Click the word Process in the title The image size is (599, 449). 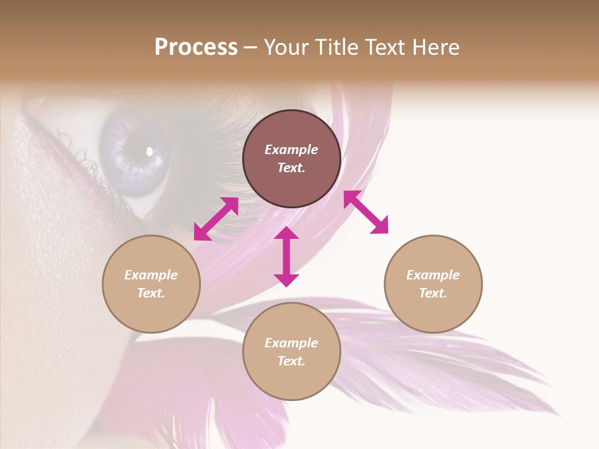point(196,47)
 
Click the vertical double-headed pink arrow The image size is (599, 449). point(286,256)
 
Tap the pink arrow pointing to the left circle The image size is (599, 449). point(216,219)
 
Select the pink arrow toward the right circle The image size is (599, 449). point(366,212)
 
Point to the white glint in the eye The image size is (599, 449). point(150,150)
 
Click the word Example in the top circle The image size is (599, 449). point(291,150)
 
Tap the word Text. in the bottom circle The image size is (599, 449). point(291,361)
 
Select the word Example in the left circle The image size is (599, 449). point(151,275)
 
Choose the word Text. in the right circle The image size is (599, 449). point(433,293)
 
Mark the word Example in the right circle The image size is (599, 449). point(433,275)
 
